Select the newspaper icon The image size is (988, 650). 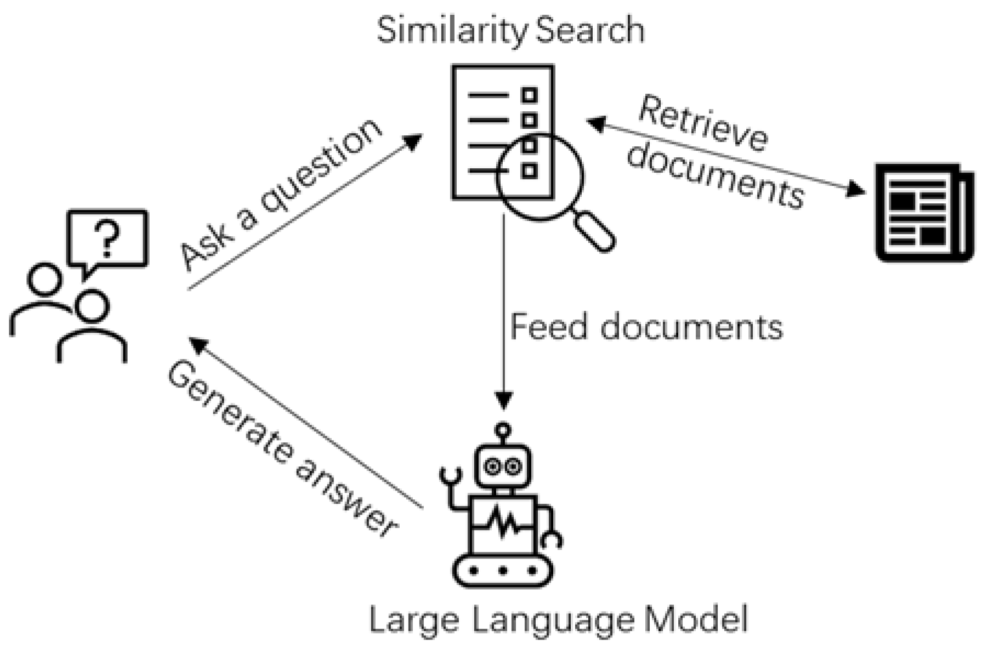(x=924, y=212)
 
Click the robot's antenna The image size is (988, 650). (x=502, y=433)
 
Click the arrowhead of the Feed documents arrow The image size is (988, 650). (x=503, y=400)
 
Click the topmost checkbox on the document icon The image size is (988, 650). (x=529, y=95)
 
